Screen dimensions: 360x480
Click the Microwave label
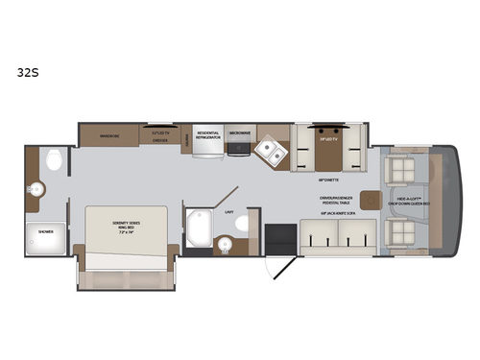[x=239, y=132]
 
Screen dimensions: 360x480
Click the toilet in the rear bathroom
[x=53, y=159]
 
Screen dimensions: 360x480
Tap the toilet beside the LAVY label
[x=241, y=223]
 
